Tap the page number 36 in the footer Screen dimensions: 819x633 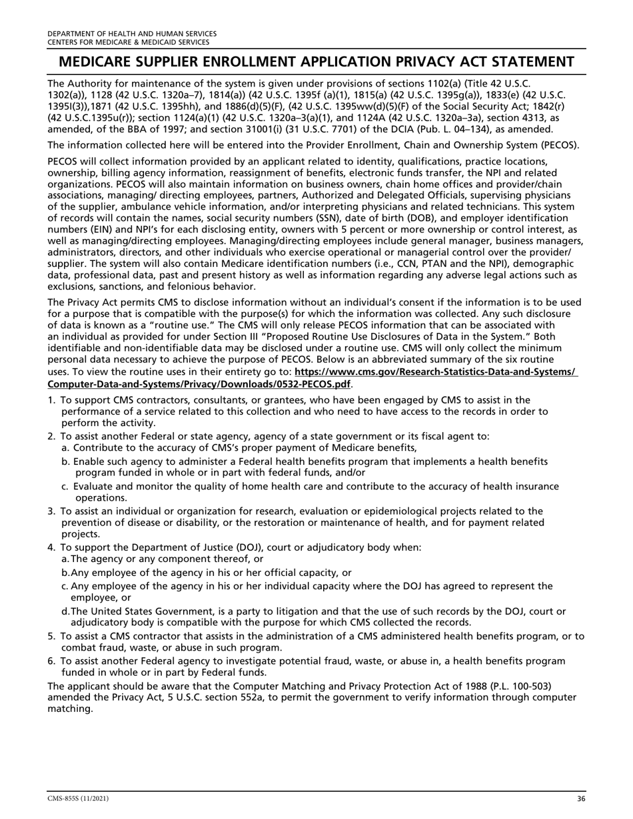580,798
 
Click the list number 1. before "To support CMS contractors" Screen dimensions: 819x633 52,400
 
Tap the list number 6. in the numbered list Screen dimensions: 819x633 52,661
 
